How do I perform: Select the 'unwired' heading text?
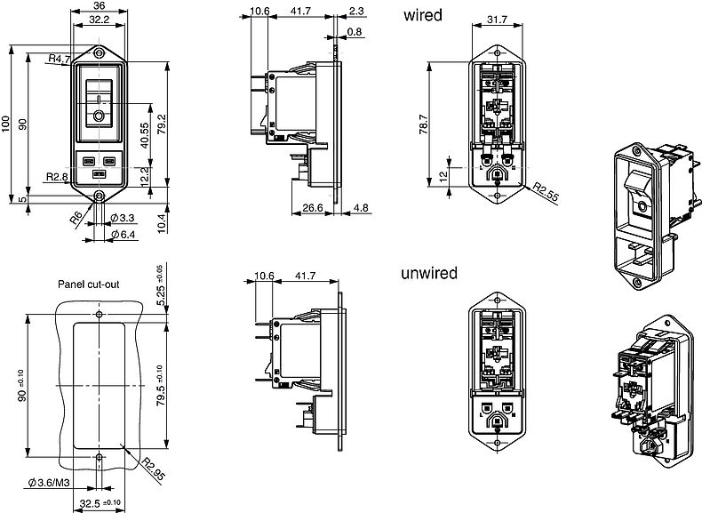[x=430, y=273]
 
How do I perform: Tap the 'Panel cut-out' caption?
[x=89, y=285]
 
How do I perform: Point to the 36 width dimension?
[x=100, y=5]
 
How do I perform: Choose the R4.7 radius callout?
[x=60, y=59]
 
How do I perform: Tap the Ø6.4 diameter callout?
[x=124, y=234]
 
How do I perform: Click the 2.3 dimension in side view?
[x=355, y=12]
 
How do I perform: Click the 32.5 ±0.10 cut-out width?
[x=100, y=502]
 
